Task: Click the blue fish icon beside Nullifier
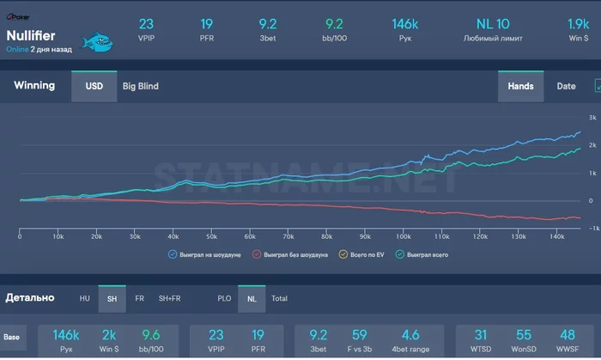[x=98, y=41]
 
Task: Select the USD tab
[x=94, y=86]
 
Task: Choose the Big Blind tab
[x=141, y=86]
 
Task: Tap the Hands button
[x=520, y=86]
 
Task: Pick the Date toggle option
[x=567, y=86]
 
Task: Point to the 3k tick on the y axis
[x=592, y=118]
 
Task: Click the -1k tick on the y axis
[x=591, y=229]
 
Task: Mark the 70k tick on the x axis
[x=288, y=237]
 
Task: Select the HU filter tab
[x=84, y=298]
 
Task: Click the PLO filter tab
[x=223, y=298]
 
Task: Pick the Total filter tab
[x=280, y=298]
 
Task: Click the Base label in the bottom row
[x=12, y=338]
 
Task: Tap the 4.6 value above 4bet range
[x=410, y=334]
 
